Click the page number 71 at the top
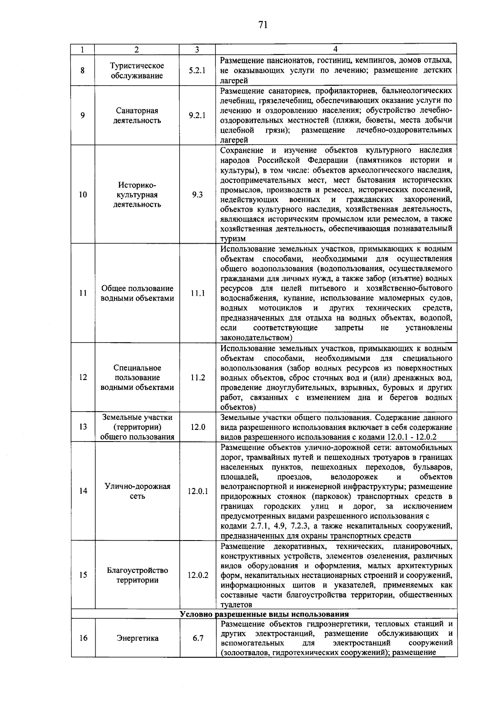(262, 25)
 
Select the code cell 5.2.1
(197, 71)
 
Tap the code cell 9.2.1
(197, 116)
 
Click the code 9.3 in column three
(197, 195)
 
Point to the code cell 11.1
(198, 294)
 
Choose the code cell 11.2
(198, 378)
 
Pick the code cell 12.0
(198, 427)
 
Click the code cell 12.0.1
(198, 491)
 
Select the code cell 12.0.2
(198, 575)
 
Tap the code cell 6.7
(198, 638)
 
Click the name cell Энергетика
(137, 638)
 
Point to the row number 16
(83, 638)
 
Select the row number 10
(83, 195)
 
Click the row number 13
(83, 427)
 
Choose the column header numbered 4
(336, 49)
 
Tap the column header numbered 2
(137, 49)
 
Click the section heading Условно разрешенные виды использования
(264, 614)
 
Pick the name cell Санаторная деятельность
(137, 116)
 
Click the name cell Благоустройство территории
(137, 575)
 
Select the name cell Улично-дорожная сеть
(137, 491)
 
